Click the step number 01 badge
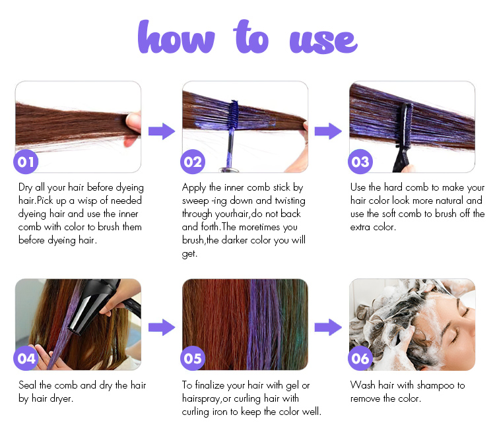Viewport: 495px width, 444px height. click(26, 162)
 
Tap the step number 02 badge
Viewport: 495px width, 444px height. click(193, 162)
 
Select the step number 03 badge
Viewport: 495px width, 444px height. click(360, 162)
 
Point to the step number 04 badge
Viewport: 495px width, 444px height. click(26, 358)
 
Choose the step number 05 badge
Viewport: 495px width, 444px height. click(193, 358)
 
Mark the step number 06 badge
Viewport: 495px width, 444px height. click(360, 358)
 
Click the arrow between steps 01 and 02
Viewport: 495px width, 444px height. click(162, 131)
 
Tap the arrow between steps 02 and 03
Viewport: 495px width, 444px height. click(328, 131)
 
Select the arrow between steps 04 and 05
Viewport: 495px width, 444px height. click(162, 327)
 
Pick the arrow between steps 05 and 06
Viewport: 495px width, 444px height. click(328, 327)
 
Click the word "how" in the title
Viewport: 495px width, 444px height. click(176, 36)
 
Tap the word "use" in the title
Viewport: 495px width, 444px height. click(323, 42)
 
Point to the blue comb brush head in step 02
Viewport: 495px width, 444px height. click(234, 115)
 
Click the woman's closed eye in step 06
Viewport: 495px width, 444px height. click(455, 338)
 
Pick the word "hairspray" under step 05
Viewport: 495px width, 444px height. click(201, 399)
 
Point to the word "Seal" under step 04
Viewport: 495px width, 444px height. click(28, 385)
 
